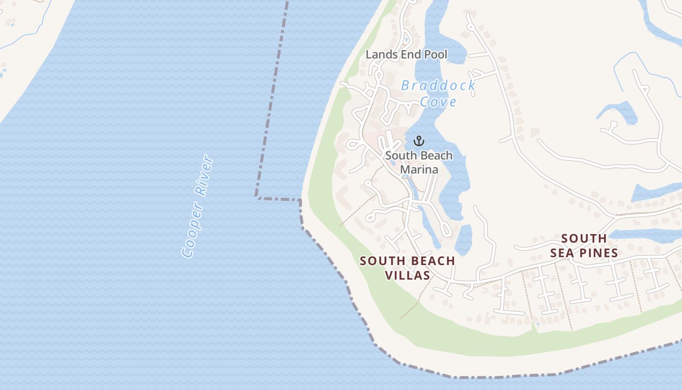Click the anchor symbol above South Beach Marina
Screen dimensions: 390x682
pos(419,141)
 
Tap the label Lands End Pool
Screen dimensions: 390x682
pos(406,55)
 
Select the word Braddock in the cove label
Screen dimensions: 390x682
pos(438,86)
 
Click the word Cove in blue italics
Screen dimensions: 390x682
pos(438,102)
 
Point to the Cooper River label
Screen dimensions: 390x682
pos(197,207)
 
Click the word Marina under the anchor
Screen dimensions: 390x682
pos(419,169)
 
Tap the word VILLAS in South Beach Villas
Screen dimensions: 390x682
pos(408,275)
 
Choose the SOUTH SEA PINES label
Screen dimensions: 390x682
pos(584,246)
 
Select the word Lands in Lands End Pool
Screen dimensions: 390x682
pos(379,55)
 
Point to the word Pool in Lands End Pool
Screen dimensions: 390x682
pos(436,55)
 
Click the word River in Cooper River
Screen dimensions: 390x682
pos(204,176)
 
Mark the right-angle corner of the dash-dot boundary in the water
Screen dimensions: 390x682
pos(257,197)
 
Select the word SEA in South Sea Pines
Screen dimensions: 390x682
pos(563,253)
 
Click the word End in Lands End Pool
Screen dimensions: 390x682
pos(408,55)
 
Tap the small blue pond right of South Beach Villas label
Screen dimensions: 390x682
pos(464,238)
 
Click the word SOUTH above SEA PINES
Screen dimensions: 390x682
pos(584,238)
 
